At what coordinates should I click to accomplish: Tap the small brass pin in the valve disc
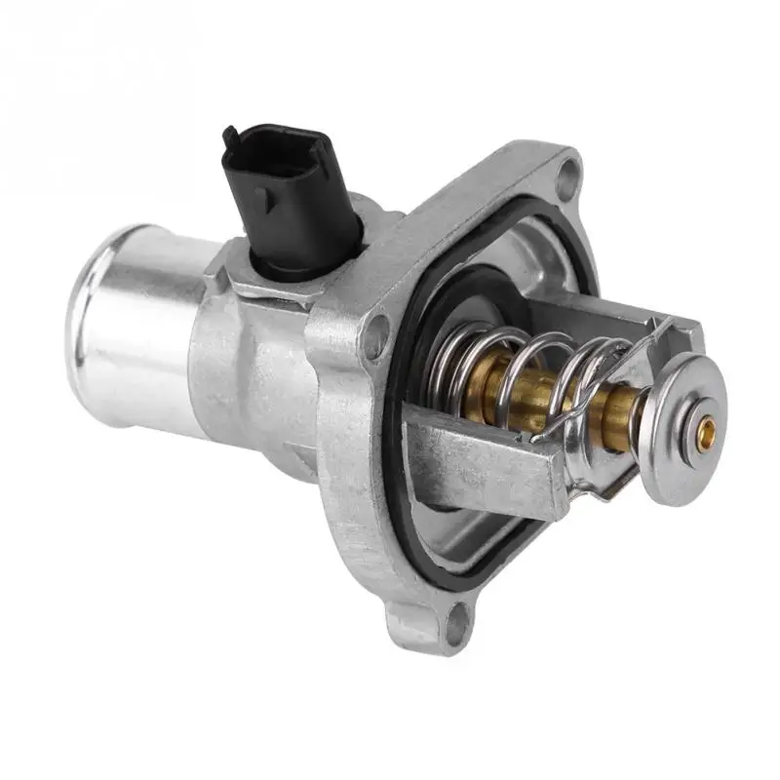coord(709,426)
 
